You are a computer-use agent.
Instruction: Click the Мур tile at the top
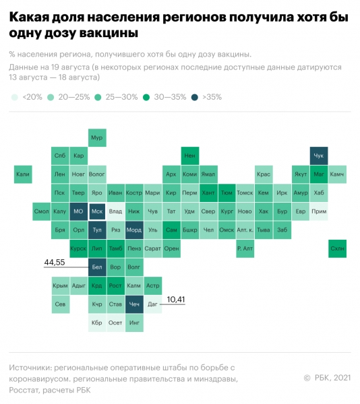click(97, 138)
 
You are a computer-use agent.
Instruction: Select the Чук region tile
click(319, 156)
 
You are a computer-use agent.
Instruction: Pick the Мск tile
click(97, 211)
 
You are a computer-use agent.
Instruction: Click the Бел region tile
click(97, 267)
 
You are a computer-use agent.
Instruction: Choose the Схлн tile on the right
click(337, 248)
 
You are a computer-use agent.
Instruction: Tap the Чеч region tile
click(134, 304)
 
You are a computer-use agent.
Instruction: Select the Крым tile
click(60, 286)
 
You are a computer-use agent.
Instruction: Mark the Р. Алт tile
click(245, 248)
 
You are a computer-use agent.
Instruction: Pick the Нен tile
click(190, 156)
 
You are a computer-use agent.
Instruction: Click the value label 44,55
click(55, 261)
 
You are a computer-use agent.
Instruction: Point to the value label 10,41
click(175, 298)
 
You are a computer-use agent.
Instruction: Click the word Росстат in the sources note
click(27, 389)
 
